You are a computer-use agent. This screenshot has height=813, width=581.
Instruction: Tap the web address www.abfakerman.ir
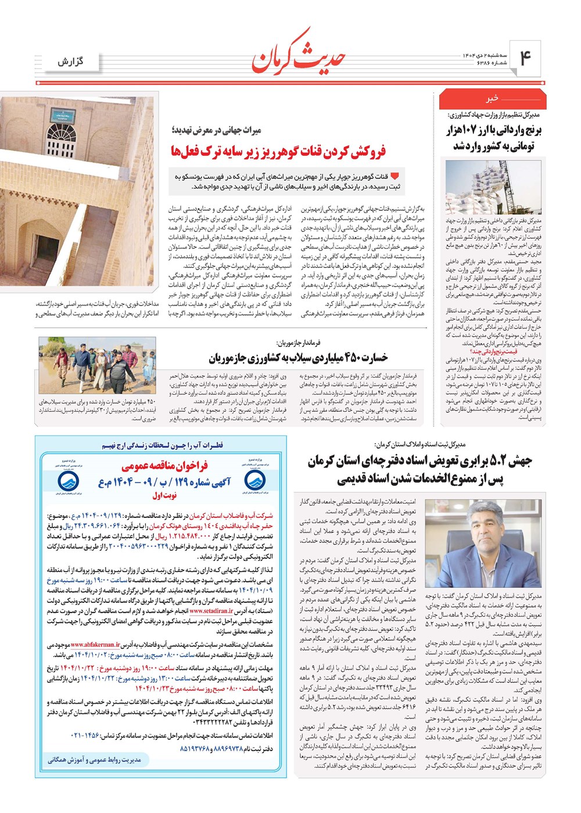click(100, 644)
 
